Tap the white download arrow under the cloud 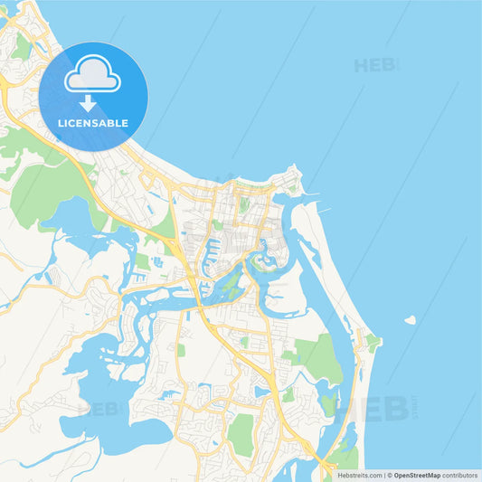(88, 103)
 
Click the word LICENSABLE (93, 122)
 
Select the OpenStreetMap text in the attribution (417, 474)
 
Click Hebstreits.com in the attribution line (358, 474)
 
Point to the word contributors (460, 474)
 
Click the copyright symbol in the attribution (390, 474)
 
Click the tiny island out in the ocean (410, 319)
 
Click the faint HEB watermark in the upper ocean (374, 65)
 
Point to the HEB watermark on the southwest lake (99, 409)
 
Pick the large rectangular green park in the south (241, 435)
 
